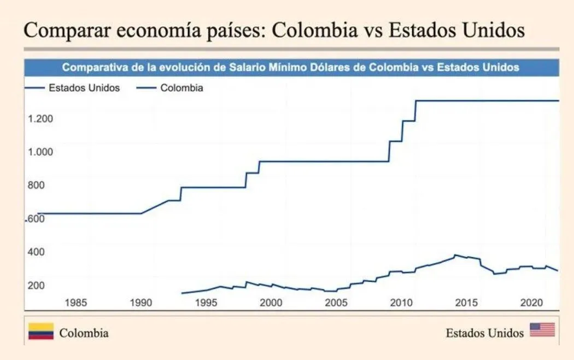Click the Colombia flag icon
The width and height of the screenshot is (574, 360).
click(41, 332)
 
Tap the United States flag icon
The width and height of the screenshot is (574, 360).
click(542, 330)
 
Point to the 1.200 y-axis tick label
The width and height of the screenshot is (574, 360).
click(40, 119)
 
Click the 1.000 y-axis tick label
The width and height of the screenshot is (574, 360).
click(40, 152)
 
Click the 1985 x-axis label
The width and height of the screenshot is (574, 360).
click(75, 303)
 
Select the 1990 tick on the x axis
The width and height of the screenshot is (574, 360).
click(140, 303)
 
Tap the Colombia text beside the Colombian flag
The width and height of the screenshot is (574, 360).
click(84, 333)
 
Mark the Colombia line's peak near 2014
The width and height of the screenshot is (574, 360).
click(455, 255)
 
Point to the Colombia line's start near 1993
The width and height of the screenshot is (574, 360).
click(181, 293)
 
